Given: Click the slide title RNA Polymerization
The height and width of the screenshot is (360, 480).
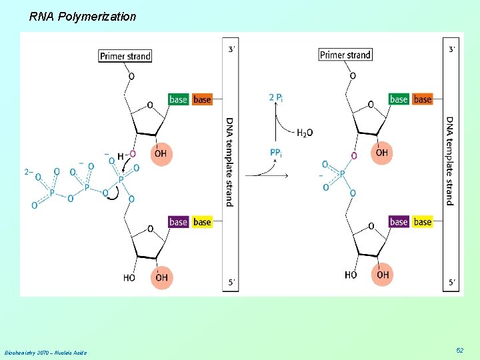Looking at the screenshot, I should click(x=82, y=16).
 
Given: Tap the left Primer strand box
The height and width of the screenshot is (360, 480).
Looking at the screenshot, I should click(x=125, y=56).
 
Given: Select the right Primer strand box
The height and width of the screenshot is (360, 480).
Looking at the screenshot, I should click(x=345, y=55).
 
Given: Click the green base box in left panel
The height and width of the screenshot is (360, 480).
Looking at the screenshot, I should click(x=178, y=99).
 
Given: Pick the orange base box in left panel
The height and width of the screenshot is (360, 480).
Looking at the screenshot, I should click(x=202, y=99).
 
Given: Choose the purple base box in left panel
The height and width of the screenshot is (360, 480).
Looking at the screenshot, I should click(x=178, y=221).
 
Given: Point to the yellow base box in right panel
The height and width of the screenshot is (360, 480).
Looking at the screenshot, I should click(x=423, y=221).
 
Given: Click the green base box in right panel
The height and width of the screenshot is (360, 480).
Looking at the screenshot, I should click(x=398, y=99).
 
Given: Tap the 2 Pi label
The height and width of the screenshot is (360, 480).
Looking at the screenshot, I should click(x=276, y=98).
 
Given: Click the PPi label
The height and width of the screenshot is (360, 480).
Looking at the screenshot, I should click(x=276, y=153).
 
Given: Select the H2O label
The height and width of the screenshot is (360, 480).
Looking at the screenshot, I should click(x=305, y=133).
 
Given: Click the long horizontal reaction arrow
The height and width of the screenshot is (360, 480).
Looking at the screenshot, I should click(x=267, y=176).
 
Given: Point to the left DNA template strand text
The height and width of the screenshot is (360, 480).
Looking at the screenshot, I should click(x=230, y=161).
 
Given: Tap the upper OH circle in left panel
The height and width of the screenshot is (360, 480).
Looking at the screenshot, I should click(x=161, y=154).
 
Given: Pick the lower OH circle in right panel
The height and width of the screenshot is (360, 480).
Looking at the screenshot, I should click(x=382, y=275).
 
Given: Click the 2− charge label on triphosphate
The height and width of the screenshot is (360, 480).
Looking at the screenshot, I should click(x=28, y=172).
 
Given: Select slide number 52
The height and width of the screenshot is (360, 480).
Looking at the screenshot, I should click(x=459, y=350).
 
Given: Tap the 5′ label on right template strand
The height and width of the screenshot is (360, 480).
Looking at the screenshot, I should click(x=452, y=283).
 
